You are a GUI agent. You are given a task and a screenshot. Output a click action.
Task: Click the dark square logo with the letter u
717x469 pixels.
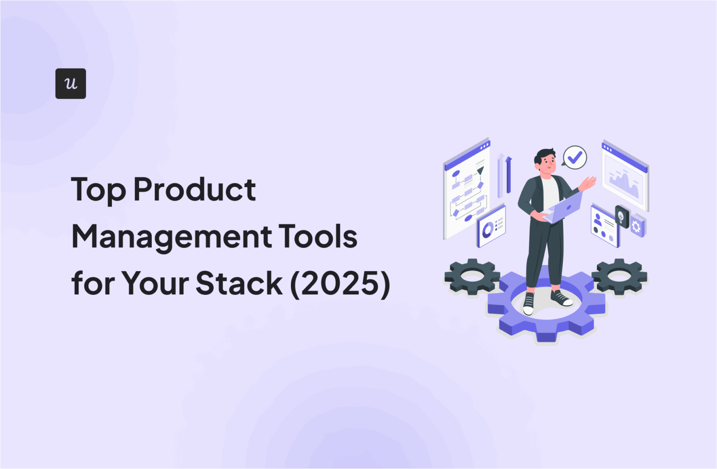70,84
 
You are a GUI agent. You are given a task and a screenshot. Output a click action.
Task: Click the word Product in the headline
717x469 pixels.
195,189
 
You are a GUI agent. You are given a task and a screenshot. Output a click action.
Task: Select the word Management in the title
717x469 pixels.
171,237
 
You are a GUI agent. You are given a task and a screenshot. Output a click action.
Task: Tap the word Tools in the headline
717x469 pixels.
319,236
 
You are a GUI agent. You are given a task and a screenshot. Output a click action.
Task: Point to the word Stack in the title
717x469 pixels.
239,283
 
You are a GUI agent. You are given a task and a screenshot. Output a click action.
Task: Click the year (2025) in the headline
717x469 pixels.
340,283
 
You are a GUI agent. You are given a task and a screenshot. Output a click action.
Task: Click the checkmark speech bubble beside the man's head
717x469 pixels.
575,157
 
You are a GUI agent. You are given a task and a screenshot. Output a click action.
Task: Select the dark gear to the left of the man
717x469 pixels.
472,276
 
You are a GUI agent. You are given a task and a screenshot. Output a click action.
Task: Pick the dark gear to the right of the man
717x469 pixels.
619,276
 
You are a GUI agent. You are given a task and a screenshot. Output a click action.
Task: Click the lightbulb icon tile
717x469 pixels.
621,217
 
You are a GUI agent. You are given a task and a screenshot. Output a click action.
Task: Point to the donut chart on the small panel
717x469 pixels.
487,229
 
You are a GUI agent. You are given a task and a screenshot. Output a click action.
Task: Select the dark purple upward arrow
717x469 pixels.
508,175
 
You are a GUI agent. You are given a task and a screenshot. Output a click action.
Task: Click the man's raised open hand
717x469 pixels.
589,183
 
